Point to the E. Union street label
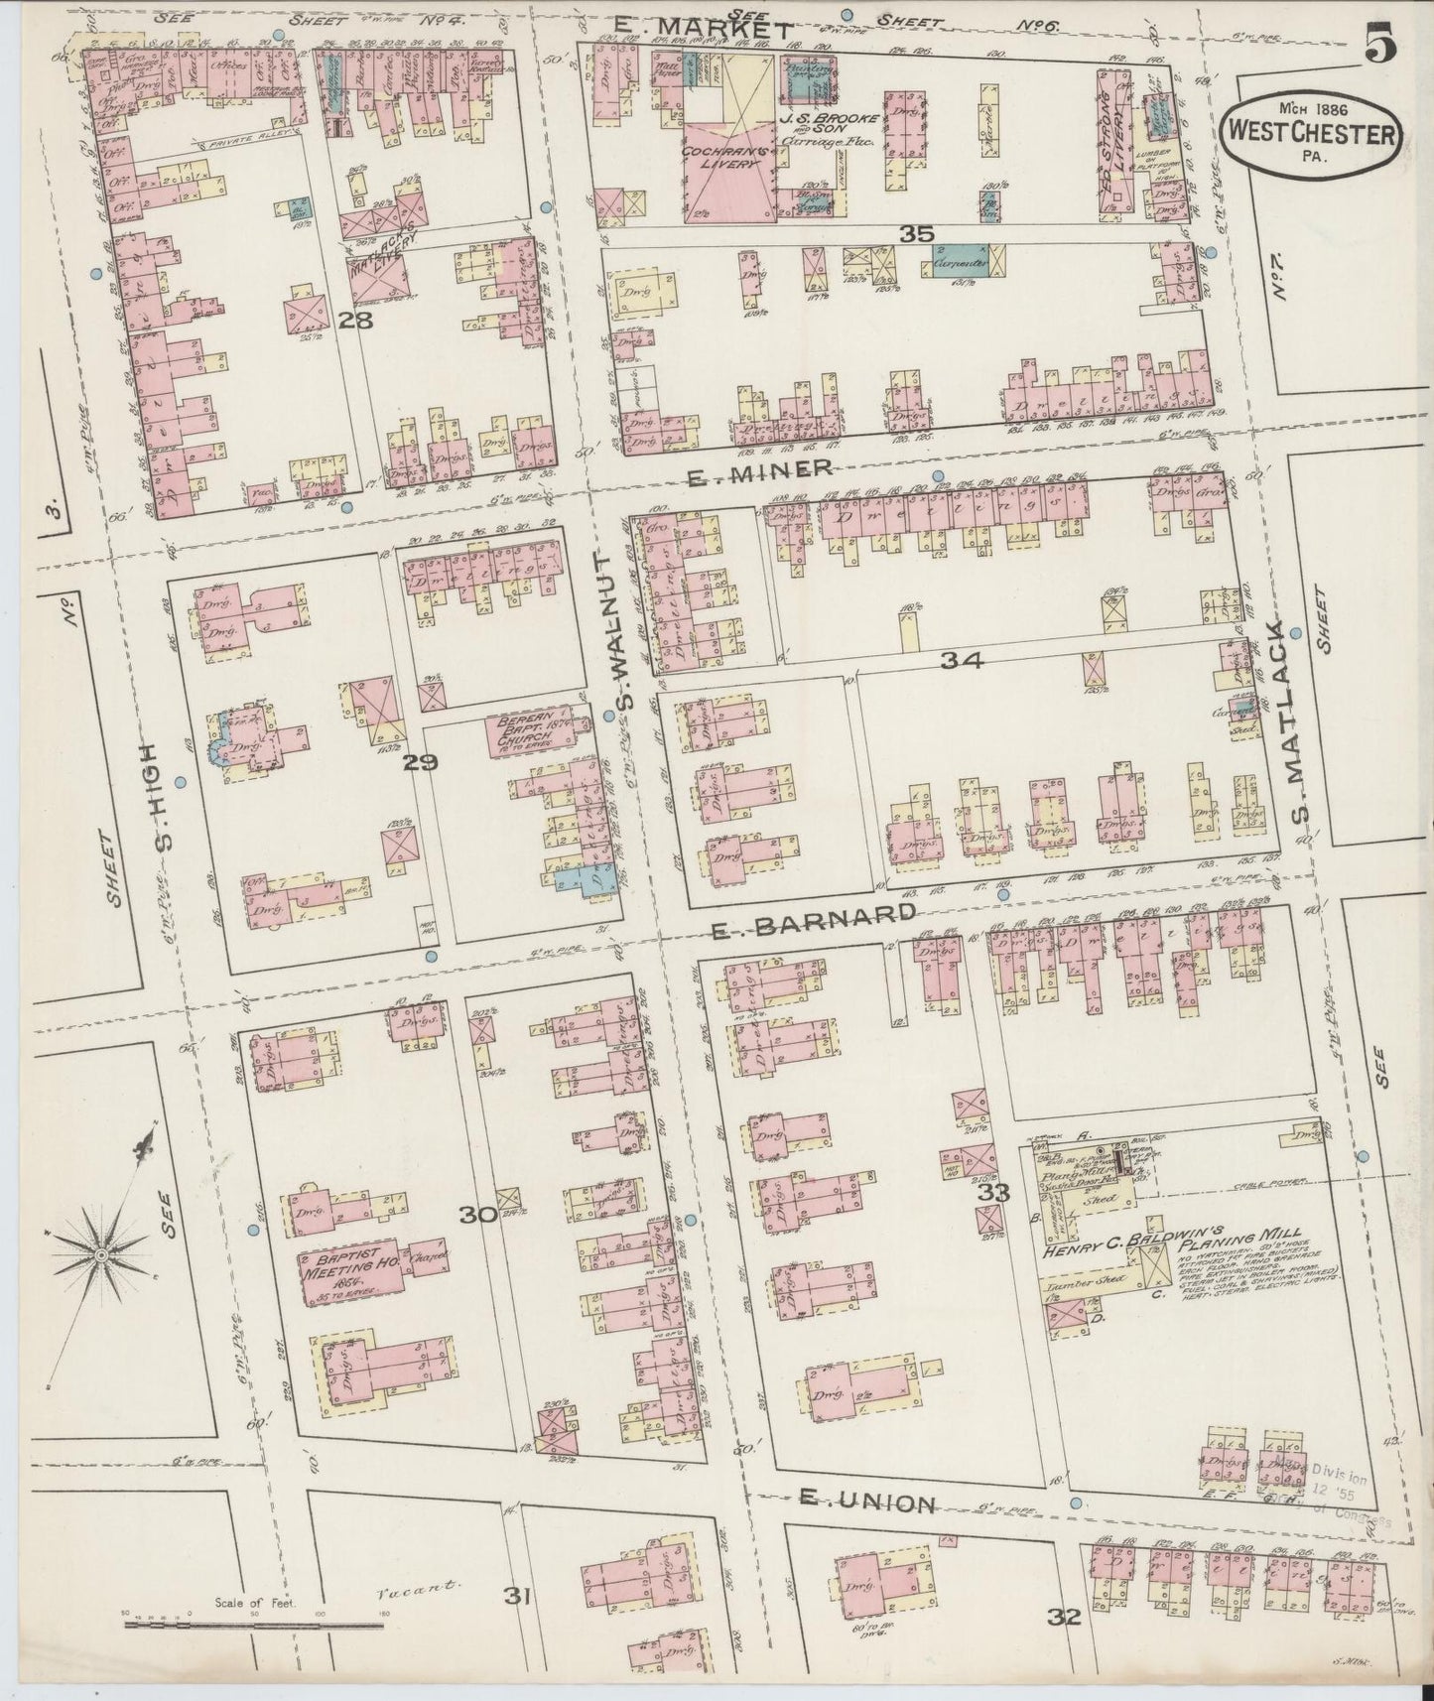(x=866, y=1504)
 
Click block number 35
(x=917, y=234)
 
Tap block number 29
(x=420, y=763)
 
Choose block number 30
(x=479, y=1213)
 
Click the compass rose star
(x=101, y=1255)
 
